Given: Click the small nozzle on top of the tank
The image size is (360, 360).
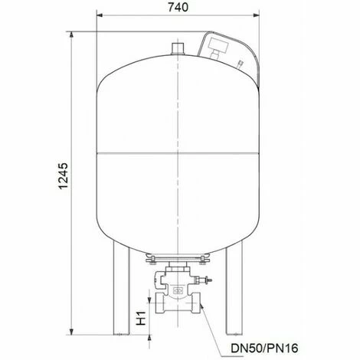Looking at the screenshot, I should point(178,48).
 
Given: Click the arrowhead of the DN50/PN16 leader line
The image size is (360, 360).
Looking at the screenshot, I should point(204,307).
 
